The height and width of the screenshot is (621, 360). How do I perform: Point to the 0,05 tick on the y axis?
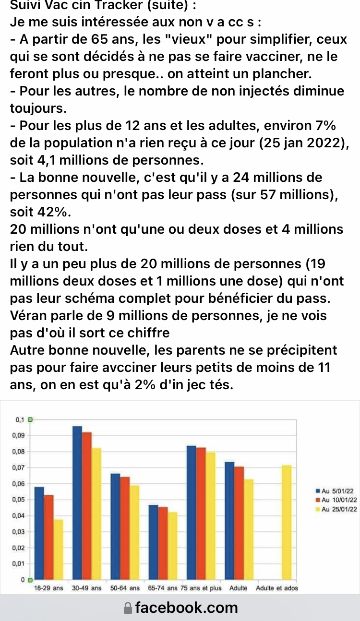pos(20,500)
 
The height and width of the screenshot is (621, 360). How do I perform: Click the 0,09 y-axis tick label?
pos(20,436)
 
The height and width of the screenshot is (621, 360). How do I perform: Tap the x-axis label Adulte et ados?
pos(277,588)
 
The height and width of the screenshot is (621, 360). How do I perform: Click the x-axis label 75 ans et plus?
pos(201,588)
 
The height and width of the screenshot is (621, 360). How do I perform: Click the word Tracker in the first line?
pos(101,6)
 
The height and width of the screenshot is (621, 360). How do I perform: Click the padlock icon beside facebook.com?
pos(127,608)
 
